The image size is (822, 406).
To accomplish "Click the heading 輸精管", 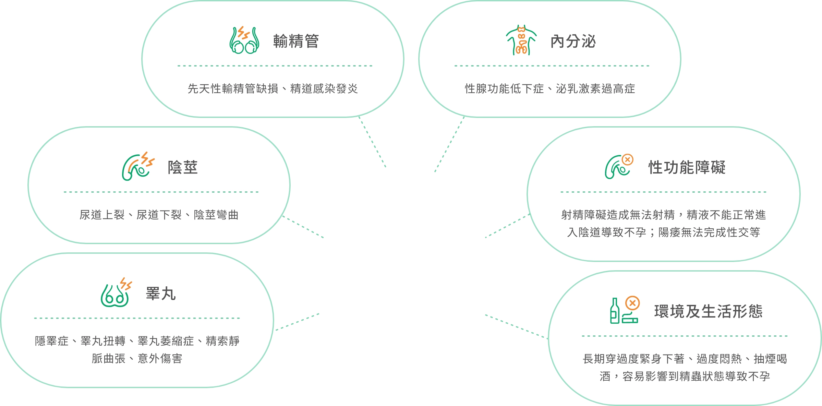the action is click(x=296, y=41).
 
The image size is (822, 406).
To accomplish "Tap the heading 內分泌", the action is click(x=573, y=41).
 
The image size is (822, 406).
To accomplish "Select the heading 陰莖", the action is click(x=183, y=167).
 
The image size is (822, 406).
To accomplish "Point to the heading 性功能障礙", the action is click(x=687, y=167).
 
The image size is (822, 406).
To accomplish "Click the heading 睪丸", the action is click(x=161, y=294).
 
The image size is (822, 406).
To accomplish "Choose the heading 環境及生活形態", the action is click(x=708, y=311).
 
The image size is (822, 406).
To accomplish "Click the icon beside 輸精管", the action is click(x=244, y=40).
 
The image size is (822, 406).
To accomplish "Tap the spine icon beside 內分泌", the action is click(x=521, y=40).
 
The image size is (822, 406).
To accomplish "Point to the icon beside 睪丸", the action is click(x=116, y=292).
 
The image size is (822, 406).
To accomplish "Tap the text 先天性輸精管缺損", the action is click(x=233, y=89).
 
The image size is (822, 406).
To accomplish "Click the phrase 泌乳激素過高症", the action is click(x=595, y=89).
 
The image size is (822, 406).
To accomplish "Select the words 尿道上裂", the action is click(x=102, y=215).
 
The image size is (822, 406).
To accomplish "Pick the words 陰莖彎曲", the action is click(x=216, y=215).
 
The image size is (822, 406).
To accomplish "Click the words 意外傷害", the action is click(x=160, y=359).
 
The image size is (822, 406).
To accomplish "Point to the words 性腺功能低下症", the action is click(x=504, y=89).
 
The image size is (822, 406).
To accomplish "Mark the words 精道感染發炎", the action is click(x=324, y=89).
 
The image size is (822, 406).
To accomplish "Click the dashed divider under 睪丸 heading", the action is click(x=137, y=318).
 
